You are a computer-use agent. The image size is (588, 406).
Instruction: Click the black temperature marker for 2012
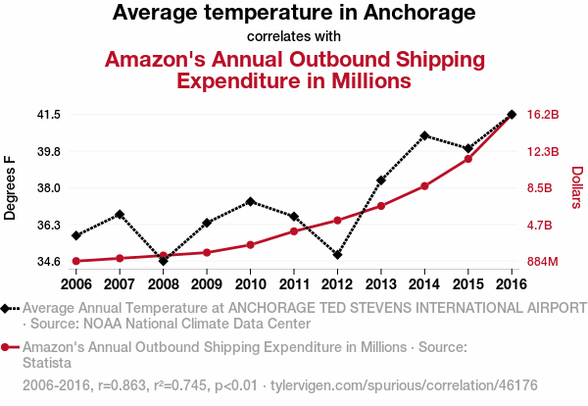click(x=337, y=255)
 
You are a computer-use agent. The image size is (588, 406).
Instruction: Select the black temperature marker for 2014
click(x=424, y=135)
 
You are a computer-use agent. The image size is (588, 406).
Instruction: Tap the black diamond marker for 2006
click(x=75, y=235)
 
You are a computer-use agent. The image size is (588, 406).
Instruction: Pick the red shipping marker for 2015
click(x=468, y=159)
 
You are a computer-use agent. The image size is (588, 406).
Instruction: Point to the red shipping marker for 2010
click(x=250, y=244)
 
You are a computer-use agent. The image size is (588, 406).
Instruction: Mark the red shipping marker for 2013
click(x=381, y=206)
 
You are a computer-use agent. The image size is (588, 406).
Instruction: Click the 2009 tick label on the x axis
click(x=206, y=284)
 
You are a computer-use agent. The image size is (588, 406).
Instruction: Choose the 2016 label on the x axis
click(x=512, y=284)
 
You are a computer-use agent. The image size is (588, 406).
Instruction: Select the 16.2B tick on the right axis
click(x=542, y=115)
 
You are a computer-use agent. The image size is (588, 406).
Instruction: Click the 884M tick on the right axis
click(x=542, y=262)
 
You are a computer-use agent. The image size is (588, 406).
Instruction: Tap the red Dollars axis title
click(x=577, y=187)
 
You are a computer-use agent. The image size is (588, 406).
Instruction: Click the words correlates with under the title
click(x=294, y=37)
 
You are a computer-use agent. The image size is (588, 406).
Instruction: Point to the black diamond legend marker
click(x=8, y=308)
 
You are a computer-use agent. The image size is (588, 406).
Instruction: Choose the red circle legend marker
click(x=8, y=347)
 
